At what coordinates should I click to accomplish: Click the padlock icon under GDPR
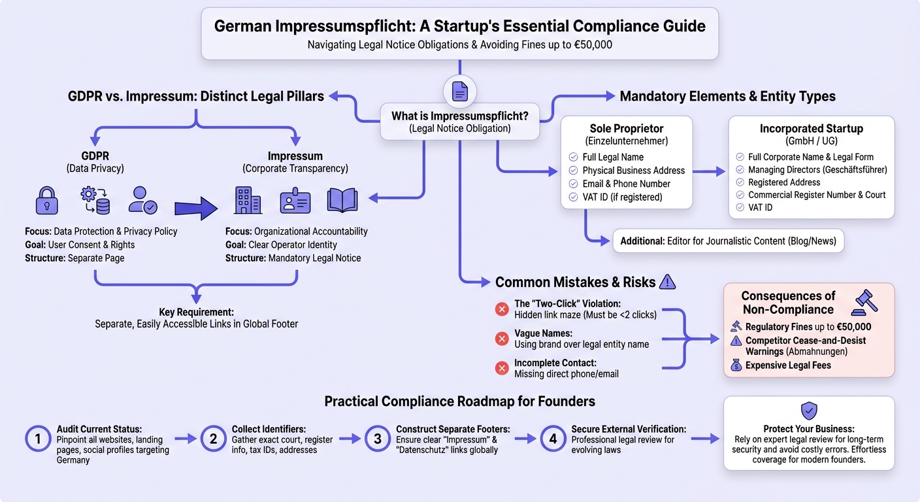[47, 201]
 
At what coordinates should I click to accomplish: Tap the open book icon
[342, 201]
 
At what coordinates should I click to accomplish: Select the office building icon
[248, 201]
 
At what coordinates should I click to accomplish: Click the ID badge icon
[295, 201]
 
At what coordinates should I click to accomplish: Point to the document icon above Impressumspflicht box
[459, 92]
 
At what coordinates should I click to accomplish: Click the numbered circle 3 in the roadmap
[378, 439]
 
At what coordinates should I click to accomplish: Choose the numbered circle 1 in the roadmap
[38, 439]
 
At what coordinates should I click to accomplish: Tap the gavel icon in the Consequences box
[864, 303]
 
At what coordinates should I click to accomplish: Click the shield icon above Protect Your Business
[809, 410]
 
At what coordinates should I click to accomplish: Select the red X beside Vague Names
[501, 339]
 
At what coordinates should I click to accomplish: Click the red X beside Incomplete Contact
[501, 369]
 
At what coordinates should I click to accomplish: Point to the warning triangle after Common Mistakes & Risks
[667, 282]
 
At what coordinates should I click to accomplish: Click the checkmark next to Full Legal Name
[573, 157]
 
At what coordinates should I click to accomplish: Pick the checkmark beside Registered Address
[740, 182]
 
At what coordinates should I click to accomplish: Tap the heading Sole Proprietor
[627, 129]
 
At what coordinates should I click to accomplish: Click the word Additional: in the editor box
[642, 241]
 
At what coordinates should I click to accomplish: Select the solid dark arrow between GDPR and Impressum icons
[196, 209]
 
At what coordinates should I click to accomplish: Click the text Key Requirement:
[196, 312]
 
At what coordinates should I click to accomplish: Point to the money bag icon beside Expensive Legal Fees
[736, 365]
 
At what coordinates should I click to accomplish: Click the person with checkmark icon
[142, 201]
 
